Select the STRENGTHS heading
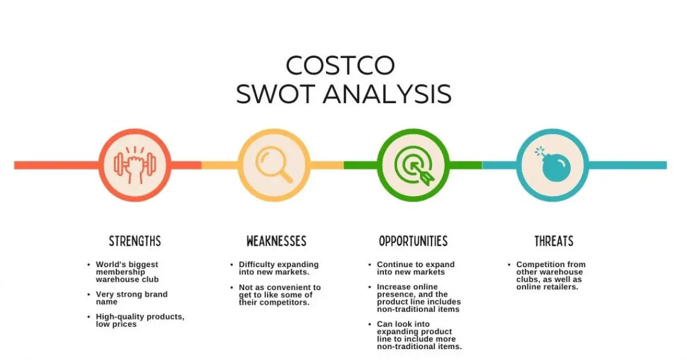click(135, 242)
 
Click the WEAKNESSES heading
click(276, 242)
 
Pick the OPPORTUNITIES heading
click(413, 242)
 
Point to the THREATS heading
click(553, 242)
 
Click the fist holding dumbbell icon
click(135, 165)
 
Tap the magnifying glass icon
click(274, 165)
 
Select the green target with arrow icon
click(413, 165)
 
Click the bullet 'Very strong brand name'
click(131, 298)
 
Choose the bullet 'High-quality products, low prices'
click(139, 320)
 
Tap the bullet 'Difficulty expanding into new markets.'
click(278, 268)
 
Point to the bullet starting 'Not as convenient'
click(279, 295)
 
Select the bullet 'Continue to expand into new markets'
click(415, 268)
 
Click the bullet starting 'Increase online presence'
click(418, 298)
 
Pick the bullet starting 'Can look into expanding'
click(419, 335)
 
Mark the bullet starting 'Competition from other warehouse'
click(550, 276)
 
